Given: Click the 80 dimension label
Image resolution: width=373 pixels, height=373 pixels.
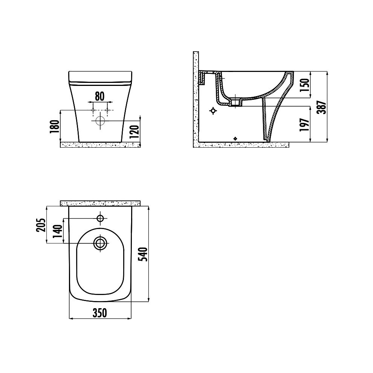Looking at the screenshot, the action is click(x=100, y=96).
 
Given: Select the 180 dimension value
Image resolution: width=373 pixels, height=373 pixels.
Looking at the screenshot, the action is click(x=55, y=127).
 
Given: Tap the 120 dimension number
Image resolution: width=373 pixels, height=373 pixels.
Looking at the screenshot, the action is click(x=135, y=131).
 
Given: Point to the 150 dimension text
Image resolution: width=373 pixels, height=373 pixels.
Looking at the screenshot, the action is click(x=305, y=85).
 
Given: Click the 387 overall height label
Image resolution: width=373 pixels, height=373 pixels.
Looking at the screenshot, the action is click(x=322, y=107).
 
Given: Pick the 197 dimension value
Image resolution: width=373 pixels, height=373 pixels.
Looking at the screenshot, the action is click(x=305, y=124).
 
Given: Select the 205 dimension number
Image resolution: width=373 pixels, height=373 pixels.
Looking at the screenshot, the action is click(x=40, y=225).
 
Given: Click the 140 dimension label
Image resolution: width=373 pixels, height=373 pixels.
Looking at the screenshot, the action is click(x=58, y=231).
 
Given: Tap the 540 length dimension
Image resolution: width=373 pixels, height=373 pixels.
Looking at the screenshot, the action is click(x=144, y=254).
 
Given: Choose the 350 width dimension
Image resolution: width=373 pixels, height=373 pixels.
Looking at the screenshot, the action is click(x=100, y=313).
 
